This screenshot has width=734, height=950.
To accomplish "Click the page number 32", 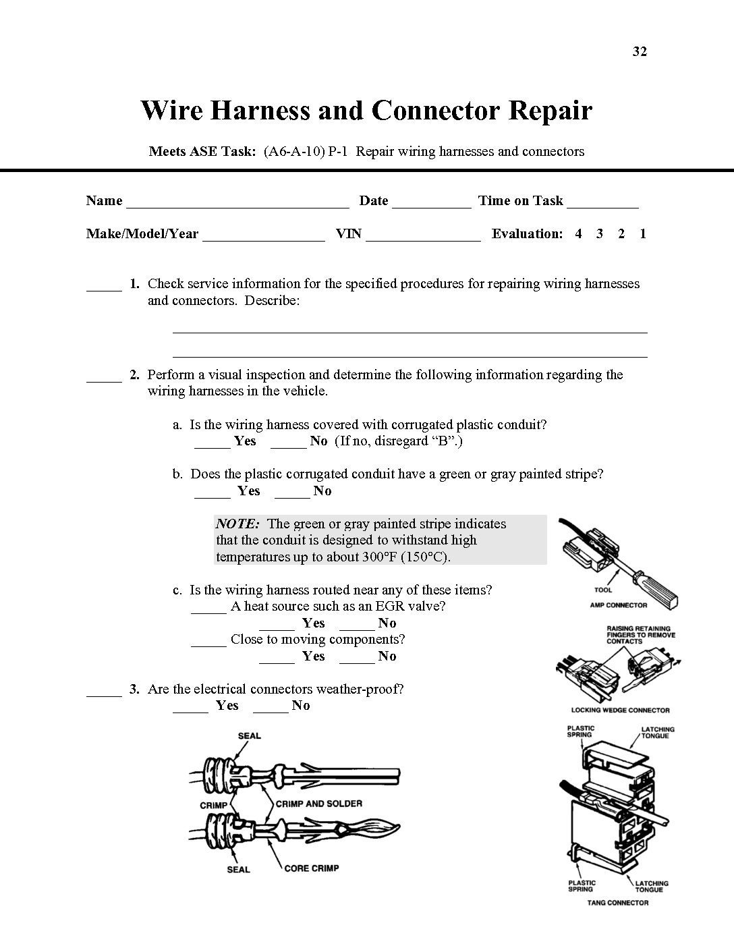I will [x=640, y=52].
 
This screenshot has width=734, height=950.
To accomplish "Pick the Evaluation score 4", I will [x=578, y=234].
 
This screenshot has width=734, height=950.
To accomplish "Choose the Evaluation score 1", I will [x=643, y=234].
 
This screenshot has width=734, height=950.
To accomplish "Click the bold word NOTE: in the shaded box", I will [x=237, y=524].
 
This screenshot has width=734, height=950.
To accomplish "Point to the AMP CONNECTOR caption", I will [x=618, y=605].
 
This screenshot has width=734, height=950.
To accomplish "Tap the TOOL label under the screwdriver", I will [x=603, y=590].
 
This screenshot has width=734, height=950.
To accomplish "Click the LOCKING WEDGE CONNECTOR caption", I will [x=620, y=710].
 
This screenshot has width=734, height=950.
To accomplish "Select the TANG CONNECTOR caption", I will [x=617, y=903].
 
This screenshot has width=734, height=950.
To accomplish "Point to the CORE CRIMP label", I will [x=311, y=868].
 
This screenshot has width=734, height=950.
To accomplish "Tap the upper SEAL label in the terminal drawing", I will [x=249, y=735].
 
